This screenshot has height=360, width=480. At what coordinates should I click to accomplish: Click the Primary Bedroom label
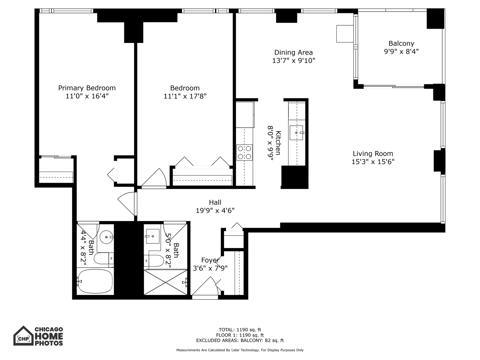(x=87, y=88)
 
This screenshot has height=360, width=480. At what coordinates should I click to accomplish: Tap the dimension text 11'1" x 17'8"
(x=185, y=96)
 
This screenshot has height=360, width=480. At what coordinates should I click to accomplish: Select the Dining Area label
(x=293, y=52)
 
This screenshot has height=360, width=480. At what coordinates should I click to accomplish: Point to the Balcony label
(x=401, y=43)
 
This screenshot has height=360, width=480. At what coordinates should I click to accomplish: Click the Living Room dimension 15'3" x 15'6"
(x=373, y=162)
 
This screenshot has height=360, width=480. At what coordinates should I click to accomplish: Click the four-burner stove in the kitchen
(x=244, y=152)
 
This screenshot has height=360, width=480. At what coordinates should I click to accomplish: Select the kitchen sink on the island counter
(x=296, y=133)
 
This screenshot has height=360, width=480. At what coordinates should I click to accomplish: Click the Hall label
(x=215, y=202)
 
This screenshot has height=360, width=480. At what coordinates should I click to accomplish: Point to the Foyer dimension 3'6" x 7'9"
(x=210, y=268)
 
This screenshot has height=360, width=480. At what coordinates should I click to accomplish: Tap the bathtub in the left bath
(x=95, y=281)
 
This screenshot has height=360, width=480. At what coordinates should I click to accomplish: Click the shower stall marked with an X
(x=165, y=282)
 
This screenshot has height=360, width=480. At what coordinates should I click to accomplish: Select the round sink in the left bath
(x=107, y=237)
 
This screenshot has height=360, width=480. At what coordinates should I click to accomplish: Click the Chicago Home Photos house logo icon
(x=23, y=336)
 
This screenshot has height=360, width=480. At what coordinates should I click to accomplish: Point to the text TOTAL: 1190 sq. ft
(x=240, y=330)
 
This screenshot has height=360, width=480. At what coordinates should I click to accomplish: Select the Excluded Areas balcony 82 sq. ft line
(x=240, y=340)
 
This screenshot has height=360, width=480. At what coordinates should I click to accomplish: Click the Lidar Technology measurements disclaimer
(x=240, y=350)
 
